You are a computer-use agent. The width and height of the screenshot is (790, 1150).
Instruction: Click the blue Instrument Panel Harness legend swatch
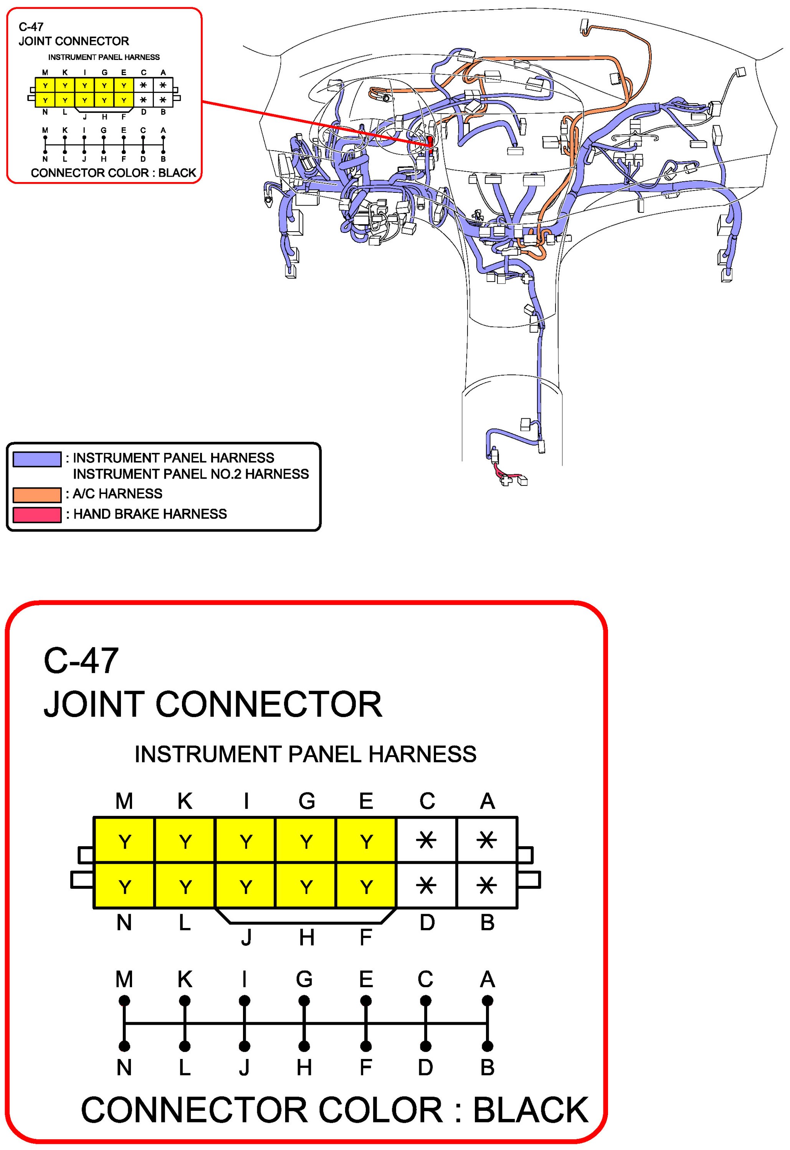pos(37,459)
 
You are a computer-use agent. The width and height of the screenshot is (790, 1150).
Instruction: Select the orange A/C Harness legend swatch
pos(37,495)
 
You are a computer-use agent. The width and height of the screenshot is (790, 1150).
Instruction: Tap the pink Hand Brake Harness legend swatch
pos(37,515)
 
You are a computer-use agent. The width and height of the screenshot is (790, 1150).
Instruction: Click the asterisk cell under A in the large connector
pos(487,840)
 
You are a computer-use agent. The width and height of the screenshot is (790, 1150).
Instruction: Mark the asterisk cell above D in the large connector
pos(426,885)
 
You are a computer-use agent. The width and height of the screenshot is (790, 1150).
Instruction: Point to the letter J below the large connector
pos(246,938)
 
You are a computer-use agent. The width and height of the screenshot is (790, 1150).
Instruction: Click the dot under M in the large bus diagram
pos(124,1001)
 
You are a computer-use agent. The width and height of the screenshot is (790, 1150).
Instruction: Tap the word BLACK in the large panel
pos(531,1110)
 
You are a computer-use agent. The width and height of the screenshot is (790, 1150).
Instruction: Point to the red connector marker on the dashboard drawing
pos(430,142)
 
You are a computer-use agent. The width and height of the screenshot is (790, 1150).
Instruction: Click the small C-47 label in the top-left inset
pos(31,27)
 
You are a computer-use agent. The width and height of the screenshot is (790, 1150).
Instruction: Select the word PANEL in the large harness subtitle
pos(325,755)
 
